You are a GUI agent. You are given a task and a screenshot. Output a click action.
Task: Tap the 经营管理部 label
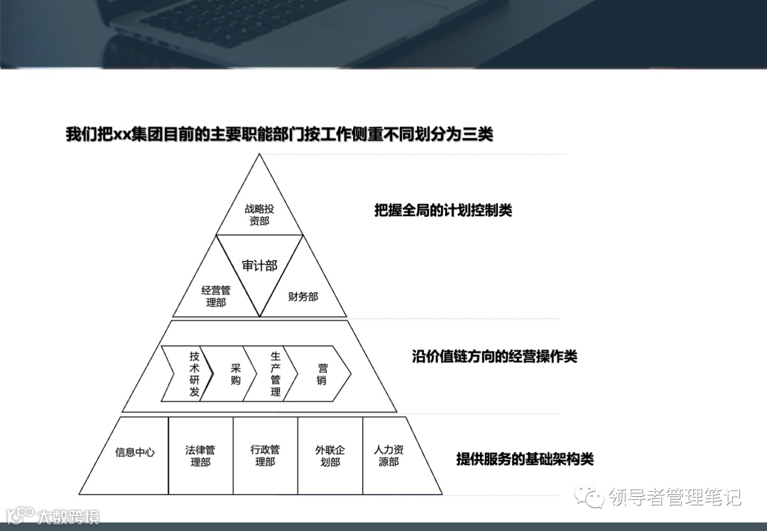216,296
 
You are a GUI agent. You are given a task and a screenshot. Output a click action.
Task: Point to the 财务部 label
303,296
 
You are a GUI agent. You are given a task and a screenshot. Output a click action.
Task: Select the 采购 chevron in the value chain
235,374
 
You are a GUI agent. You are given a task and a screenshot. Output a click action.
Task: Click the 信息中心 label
135,452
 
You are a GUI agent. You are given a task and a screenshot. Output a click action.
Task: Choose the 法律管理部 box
200,456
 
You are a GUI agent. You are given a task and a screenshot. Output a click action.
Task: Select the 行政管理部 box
265,456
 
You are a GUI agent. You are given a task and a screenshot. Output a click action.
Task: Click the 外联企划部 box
330,456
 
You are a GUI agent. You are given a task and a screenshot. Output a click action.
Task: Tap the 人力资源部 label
389,456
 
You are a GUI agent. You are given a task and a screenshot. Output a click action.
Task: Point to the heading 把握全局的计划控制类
443,210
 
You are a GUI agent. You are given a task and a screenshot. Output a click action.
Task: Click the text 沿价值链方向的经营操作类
494,356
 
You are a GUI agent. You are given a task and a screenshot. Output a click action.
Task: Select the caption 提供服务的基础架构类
525,458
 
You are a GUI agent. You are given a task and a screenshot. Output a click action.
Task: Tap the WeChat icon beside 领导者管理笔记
592,495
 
